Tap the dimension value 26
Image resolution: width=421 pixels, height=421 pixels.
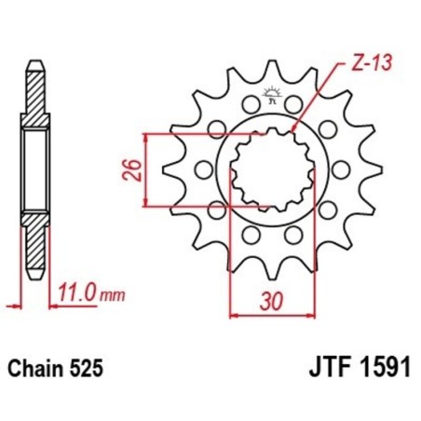click(134, 170)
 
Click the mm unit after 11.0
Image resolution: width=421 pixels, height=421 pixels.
click(112, 296)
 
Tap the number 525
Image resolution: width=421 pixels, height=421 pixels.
click(88, 369)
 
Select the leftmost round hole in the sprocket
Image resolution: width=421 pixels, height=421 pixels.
click(205, 170)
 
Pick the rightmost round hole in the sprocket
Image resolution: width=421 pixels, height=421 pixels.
click(336, 169)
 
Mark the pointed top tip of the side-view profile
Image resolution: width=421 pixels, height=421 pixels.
click(34, 63)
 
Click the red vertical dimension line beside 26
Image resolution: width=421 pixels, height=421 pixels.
click(149, 170)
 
